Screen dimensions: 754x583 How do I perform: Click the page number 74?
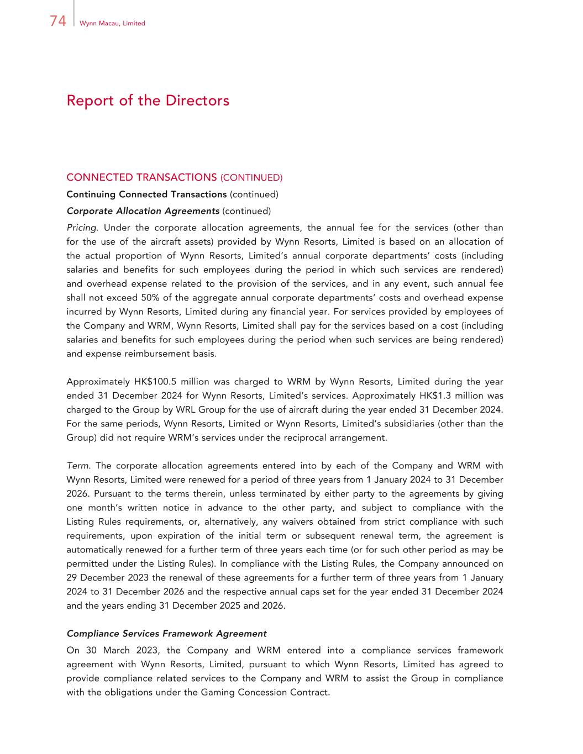click(x=57, y=21)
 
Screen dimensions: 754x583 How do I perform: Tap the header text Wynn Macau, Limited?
click(x=112, y=23)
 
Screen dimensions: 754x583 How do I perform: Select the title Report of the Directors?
click(x=148, y=101)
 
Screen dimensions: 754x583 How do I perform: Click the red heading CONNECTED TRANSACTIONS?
click(x=141, y=177)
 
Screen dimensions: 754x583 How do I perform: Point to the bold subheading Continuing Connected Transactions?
click(x=146, y=194)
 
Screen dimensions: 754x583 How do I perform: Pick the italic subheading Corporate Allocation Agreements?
click(x=143, y=211)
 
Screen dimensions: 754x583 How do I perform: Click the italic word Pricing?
click(x=82, y=228)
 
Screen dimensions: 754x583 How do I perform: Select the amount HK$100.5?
click(x=156, y=382)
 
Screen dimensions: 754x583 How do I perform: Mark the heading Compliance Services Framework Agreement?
click(x=166, y=634)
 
